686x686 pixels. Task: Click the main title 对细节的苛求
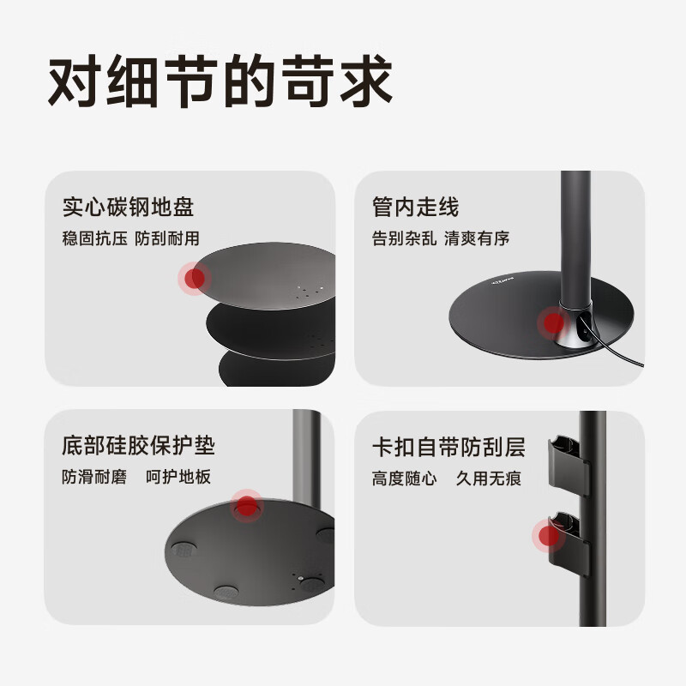tap(220, 83)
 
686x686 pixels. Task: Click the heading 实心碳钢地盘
tap(129, 208)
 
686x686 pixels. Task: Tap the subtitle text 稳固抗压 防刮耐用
tap(130, 239)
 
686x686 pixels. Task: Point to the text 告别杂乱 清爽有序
tap(441, 239)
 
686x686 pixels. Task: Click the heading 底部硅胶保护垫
tap(138, 446)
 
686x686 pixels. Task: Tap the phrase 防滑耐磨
tap(94, 478)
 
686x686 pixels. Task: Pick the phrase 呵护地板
tap(178, 478)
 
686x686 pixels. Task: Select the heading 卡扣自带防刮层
tap(448, 446)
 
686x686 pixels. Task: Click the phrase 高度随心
tap(404, 478)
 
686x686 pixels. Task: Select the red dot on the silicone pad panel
tap(249, 508)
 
